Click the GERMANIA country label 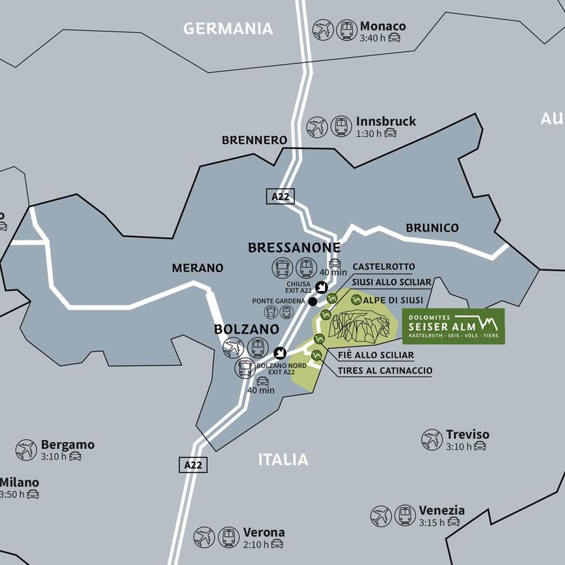227,29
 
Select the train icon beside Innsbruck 341,126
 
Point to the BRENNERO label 255,140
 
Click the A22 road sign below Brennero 280,196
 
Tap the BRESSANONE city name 294,248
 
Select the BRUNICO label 432,228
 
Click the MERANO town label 198,268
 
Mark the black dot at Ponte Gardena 313,301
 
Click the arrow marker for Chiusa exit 321,287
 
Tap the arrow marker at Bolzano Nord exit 280,352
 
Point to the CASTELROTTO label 383,267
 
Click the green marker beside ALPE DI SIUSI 356,300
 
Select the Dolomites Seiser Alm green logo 453,326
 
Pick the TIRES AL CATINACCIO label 385,371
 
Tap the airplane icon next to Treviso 431,440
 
